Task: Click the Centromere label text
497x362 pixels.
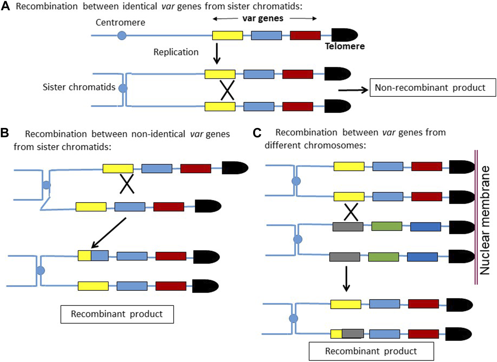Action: tap(120, 22)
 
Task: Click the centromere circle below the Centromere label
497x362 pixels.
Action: tap(122, 35)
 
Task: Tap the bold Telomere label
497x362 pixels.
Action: tap(345, 46)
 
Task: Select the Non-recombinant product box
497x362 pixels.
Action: tap(432, 88)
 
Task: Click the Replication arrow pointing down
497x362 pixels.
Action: tap(217, 53)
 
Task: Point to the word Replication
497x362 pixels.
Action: tap(176, 52)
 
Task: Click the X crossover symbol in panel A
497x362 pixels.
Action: tap(227, 90)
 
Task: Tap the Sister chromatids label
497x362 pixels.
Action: tap(79, 87)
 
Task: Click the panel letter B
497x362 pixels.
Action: tap(5, 133)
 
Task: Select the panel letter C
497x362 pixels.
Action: tap(257, 133)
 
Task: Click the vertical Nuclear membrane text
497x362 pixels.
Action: tap(485, 220)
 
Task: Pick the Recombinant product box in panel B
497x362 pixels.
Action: tap(117, 314)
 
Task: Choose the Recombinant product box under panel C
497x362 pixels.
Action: tap(371, 351)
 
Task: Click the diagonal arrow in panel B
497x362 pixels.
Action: tap(109, 233)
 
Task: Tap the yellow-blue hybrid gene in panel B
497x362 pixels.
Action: tap(93, 256)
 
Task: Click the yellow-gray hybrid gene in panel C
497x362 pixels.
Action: tap(347, 334)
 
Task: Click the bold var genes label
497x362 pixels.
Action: tap(263, 18)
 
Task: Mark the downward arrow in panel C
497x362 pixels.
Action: tap(346, 278)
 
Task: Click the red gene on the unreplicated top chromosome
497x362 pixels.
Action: tap(305, 35)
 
